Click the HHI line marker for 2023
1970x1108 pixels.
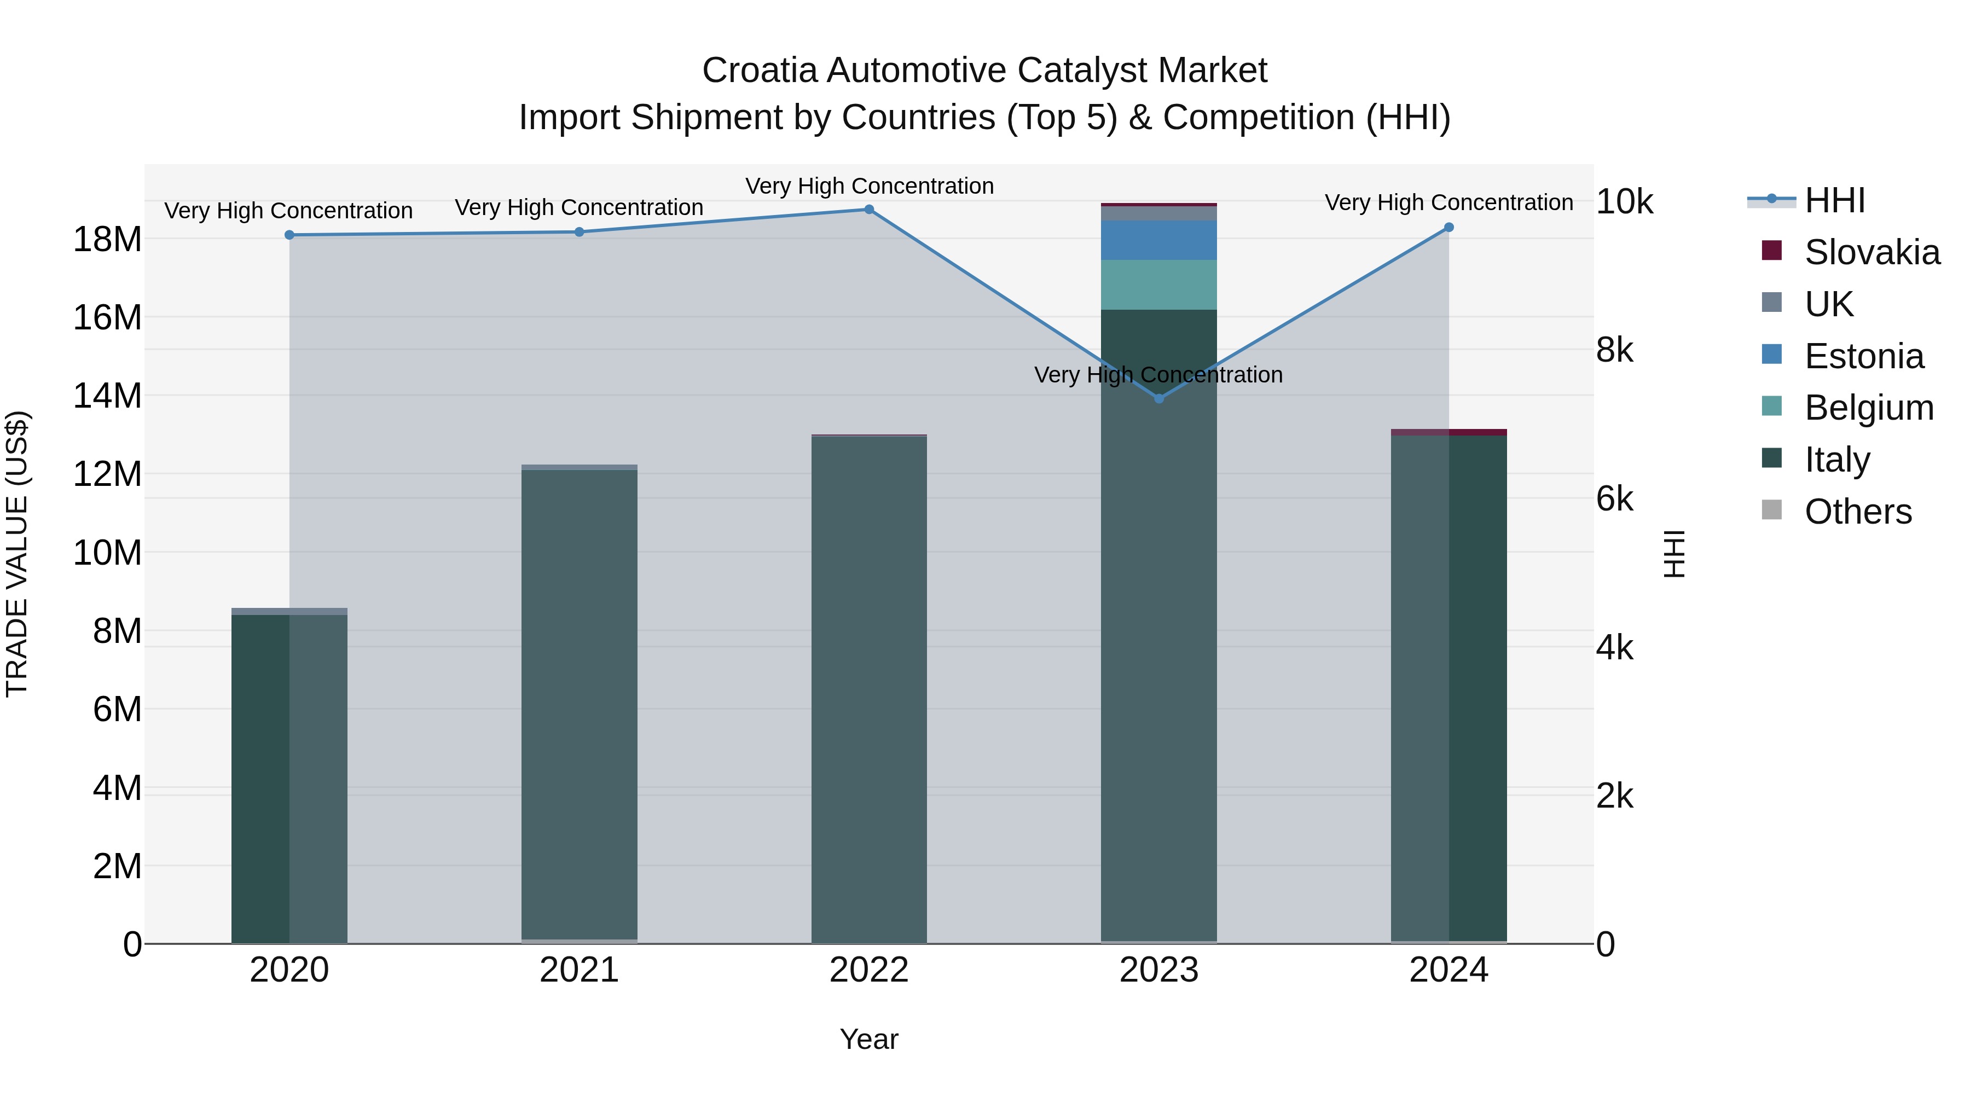(x=1158, y=398)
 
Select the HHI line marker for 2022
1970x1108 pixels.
(x=869, y=210)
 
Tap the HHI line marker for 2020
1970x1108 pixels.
(x=289, y=235)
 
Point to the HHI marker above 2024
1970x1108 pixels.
(x=1448, y=227)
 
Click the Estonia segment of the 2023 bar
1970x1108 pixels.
(x=1158, y=240)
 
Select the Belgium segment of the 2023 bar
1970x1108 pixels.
(x=1158, y=285)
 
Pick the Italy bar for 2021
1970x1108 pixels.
(x=579, y=704)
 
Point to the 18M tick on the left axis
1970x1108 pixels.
(x=107, y=239)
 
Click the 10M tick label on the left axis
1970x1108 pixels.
(x=107, y=552)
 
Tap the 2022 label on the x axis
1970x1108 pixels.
(x=869, y=970)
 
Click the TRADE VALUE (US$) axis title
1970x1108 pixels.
(x=17, y=554)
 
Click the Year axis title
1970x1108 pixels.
(x=869, y=1039)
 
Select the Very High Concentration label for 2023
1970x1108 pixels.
(x=1158, y=375)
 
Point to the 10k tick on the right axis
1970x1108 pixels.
(x=1624, y=202)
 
